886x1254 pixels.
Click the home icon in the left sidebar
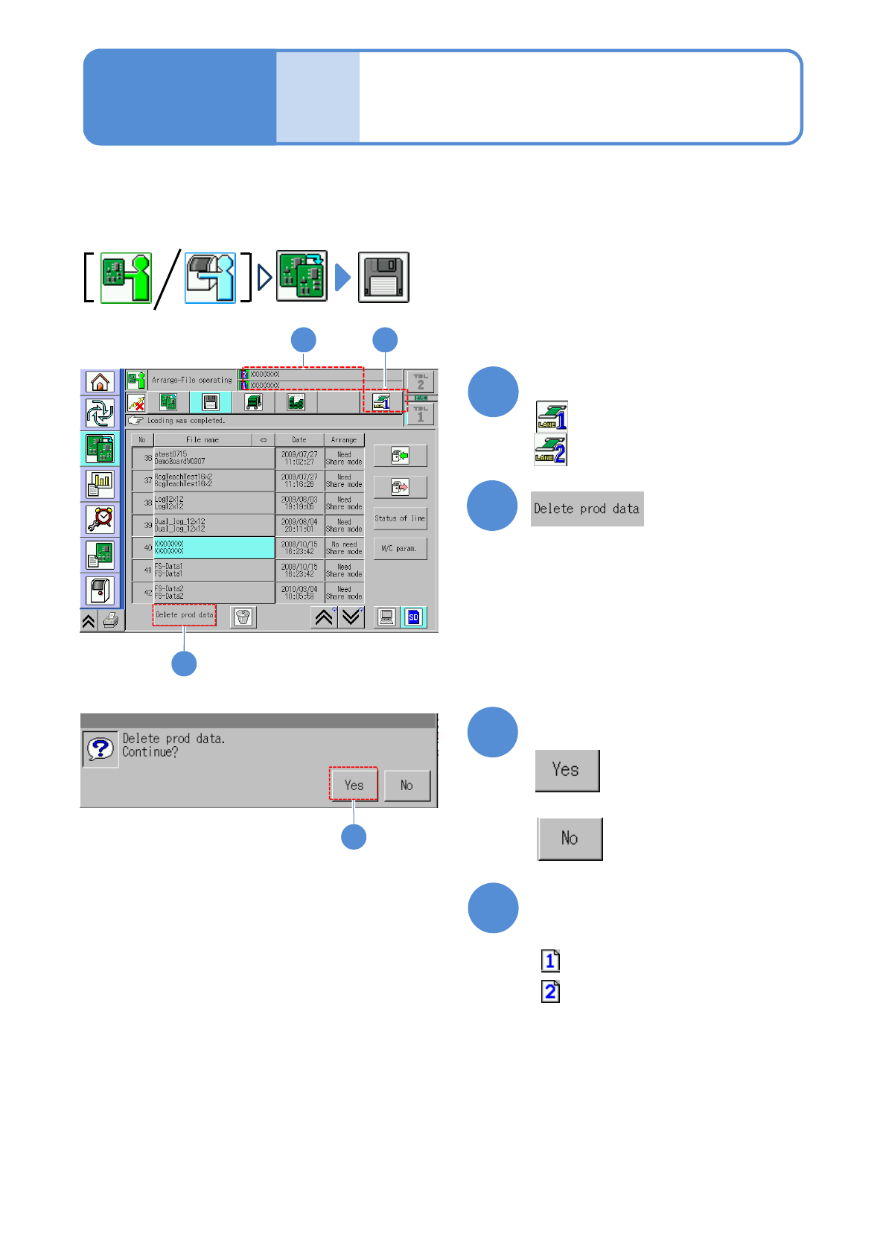click(x=100, y=382)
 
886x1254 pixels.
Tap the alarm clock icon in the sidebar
click(x=100, y=518)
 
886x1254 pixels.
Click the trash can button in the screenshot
click(x=243, y=617)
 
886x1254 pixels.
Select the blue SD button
click(x=414, y=617)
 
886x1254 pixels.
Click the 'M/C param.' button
click(x=400, y=549)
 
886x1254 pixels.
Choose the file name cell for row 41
click(x=214, y=570)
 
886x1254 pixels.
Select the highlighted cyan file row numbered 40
click(x=214, y=548)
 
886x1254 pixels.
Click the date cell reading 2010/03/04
click(x=299, y=593)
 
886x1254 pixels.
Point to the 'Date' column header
click(x=299, y=440)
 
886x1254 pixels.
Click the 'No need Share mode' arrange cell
click(x=344, y=548)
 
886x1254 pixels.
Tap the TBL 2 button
click(x=421, y=381)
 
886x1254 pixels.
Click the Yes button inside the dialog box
click(x=354, y=785)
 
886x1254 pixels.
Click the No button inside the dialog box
click(x=407, y=785)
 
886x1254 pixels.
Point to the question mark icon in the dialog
click(x=100, y=748)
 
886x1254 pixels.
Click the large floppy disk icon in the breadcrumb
click(x=383, y=277)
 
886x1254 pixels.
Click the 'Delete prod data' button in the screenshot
click(x=184, y=615)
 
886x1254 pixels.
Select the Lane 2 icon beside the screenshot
click(x=551, y=450)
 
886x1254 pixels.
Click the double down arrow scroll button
click(x=351, y=617)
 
